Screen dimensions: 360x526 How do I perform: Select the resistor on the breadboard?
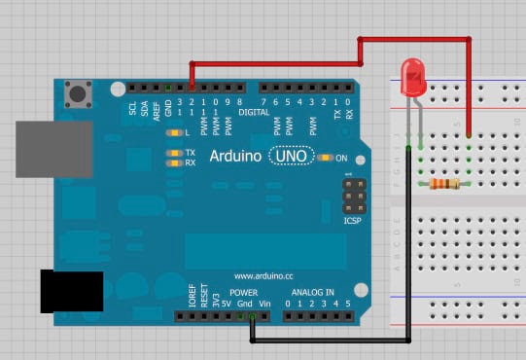(441, 184)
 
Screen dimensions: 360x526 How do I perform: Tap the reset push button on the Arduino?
(78, 94)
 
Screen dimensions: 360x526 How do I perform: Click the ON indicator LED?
(326, 156)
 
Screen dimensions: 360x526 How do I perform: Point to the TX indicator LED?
(175, 153)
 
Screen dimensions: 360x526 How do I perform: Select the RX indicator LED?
(175, 162)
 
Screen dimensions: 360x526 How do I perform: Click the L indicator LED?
(175, 132)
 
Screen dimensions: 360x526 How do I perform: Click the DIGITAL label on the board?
(254, 113)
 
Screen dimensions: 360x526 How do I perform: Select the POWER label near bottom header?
(244, 292)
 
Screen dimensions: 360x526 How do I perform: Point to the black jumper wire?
(331, 341)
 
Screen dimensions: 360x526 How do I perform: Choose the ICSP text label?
(352, 221)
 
